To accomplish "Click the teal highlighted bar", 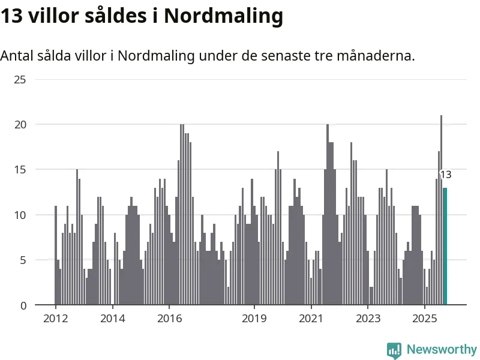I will pyautogui.click(x=445, y=246).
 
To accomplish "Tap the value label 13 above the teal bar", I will pyautogui.click(x=445, y=175).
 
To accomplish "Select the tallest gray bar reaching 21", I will pyautogui.click(x=441, y=210).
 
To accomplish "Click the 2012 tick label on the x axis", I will pyautogui.click(x=55, y=318).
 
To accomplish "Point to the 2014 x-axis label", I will pyautogui.click(x=112, y=318).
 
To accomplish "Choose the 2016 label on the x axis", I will pyautogui.click(x=169, y=318).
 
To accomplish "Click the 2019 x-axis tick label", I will pyautogui.click(x=254, y=318).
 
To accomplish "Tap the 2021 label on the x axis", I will pyautogui.click(x=311, y=318).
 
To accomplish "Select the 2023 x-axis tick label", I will pyautogui.click(x=368, y=318).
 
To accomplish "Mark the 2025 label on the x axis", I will pyautogui.click(x=424, y=318).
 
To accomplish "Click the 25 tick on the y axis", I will pyautogui.click(x=20, y=79).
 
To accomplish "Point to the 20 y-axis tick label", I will pyautogui.click(x=20, y=124).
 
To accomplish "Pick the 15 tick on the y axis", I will pyautogui.click(x=20, y=170).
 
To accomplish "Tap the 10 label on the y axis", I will pyautogui.click(x=20, y=215).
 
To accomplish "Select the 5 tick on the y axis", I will pyautogui.click(x=23, y=260).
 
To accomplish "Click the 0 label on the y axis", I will pyautogui.click(x=23, y=305).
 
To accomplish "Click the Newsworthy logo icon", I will pyautogui.click(x=394, y=350).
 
